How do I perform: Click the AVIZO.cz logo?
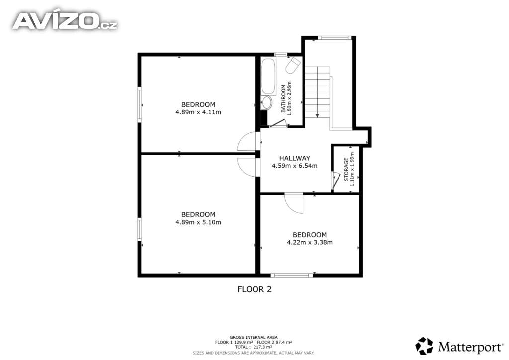65,21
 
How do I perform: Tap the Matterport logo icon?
424,346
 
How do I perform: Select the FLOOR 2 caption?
254,289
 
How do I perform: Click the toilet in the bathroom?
293,65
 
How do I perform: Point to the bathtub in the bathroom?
268,77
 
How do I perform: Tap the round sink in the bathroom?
267,103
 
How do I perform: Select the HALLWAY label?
295,158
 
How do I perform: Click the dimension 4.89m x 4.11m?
198,112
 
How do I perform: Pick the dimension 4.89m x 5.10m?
198,222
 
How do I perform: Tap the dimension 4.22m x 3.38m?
310,242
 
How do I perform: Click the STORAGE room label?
346,170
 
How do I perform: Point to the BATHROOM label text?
283,98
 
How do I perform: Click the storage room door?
335,181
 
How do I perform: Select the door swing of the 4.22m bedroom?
294,204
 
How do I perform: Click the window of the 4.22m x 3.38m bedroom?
292,275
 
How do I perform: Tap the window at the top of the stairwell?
335,38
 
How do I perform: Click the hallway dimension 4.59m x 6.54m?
294,166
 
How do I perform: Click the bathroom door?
277,123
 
